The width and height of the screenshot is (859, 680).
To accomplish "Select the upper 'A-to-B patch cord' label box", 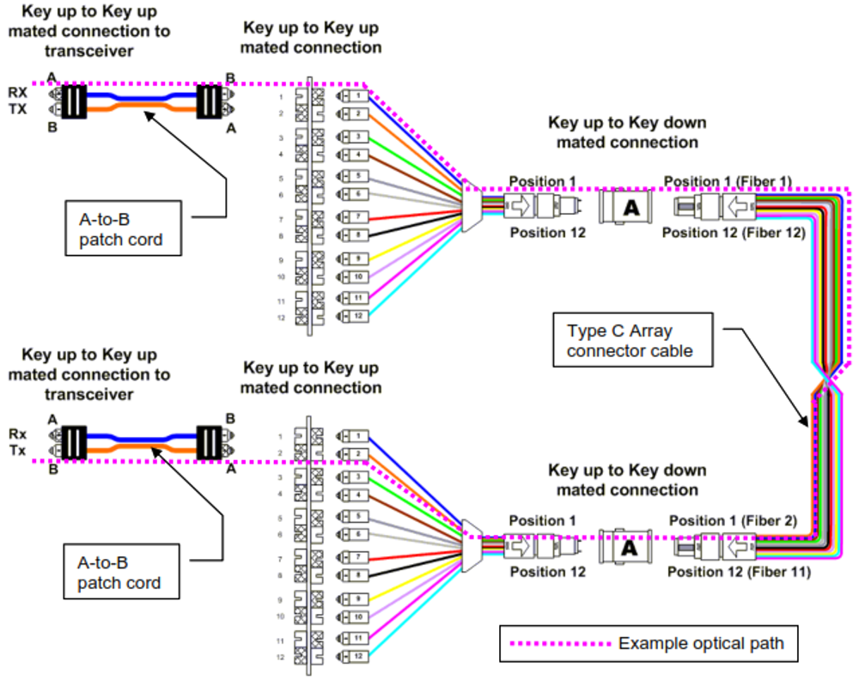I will point(125,228).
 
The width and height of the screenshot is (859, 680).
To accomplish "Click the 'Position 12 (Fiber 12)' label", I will point(733,232).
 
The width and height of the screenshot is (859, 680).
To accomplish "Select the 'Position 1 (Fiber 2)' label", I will point(732,520).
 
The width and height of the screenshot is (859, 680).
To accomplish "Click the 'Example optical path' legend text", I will point(701,643).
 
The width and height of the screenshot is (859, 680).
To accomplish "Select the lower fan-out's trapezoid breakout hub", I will point(469,541).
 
